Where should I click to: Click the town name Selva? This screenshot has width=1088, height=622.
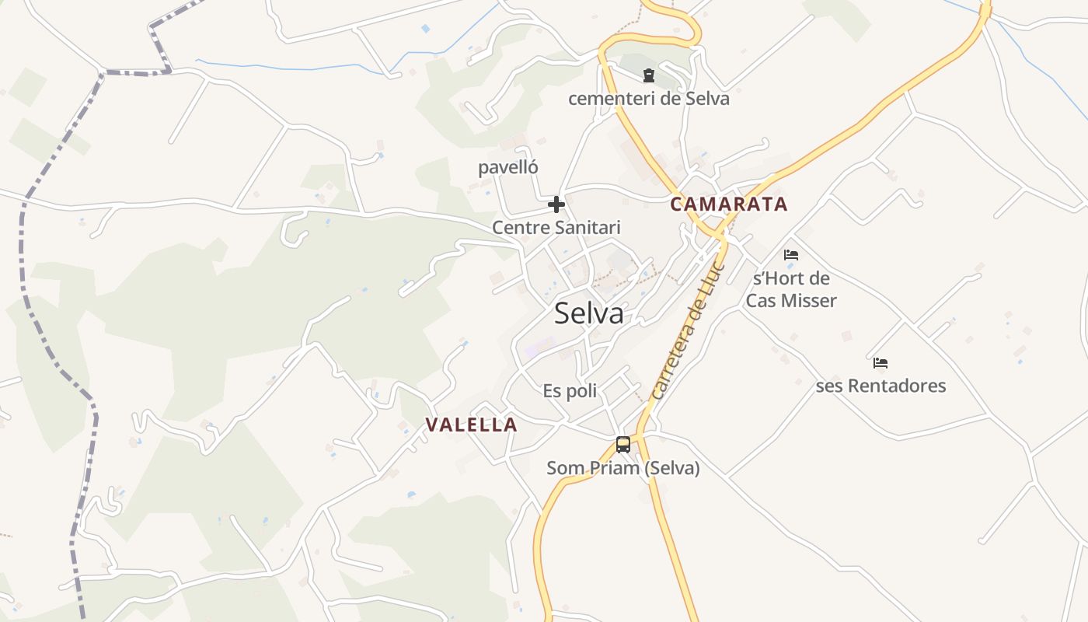[x=588, y=313]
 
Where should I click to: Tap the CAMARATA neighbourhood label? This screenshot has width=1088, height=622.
[x=729, y=204]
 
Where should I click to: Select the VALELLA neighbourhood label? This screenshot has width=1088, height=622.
[x=471, y=425]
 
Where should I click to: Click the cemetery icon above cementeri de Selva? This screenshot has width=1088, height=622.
[x=648, y=75]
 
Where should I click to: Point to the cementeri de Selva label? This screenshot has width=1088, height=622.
[x=648, y=99]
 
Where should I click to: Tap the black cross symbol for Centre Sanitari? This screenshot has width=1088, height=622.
[x=556, y=204]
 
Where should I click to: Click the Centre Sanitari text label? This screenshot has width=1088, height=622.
[x=556, y=228]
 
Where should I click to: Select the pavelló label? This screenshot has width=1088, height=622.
[x=507, y=167]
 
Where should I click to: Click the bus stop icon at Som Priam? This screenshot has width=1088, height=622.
[x=622, y=445]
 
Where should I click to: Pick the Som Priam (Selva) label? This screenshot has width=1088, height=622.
[x=622, y=468]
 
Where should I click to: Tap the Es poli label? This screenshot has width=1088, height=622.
[x=570, y=390]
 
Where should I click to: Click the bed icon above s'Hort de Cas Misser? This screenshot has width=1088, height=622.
[x=791, y=254]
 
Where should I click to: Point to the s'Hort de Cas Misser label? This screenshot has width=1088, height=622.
[x=791, y=289]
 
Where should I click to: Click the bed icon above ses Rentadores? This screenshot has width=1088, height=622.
[x=881, y=362]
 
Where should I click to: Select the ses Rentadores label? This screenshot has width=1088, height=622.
[x=881, y=386]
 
